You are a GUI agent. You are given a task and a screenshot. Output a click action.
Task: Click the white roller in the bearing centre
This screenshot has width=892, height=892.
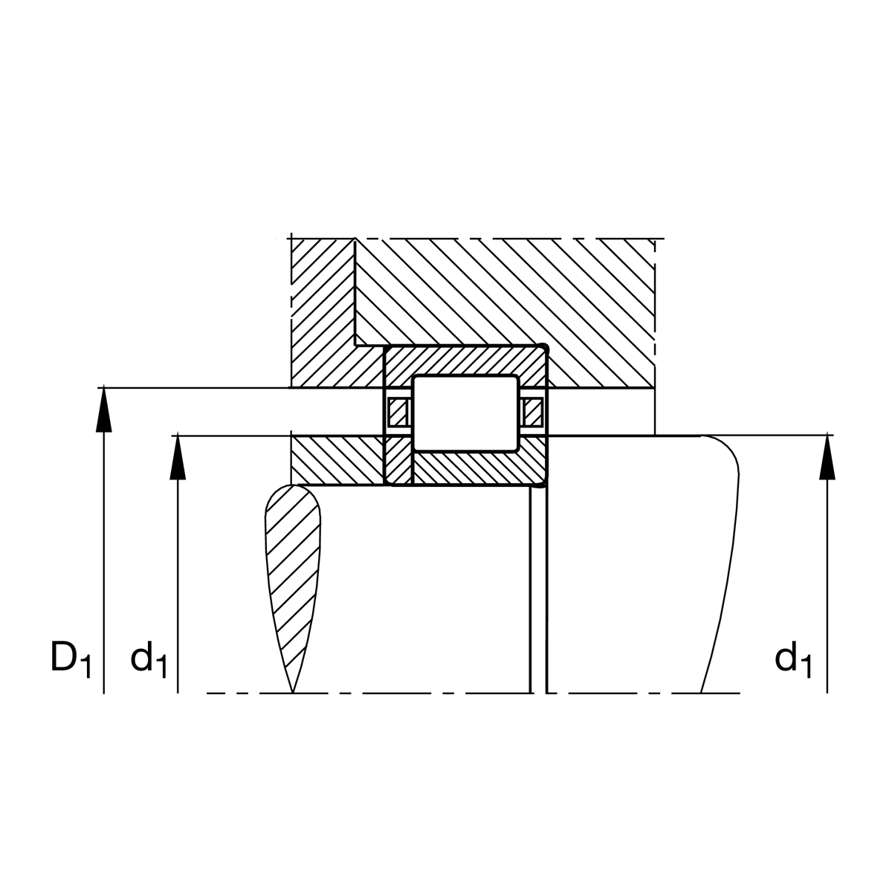(x=465, y=413)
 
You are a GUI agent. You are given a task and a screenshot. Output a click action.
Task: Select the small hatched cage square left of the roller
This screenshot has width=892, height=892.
(x=398, y=412)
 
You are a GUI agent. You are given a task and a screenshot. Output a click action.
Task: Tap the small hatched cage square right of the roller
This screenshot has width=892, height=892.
(x=532, y=412)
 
